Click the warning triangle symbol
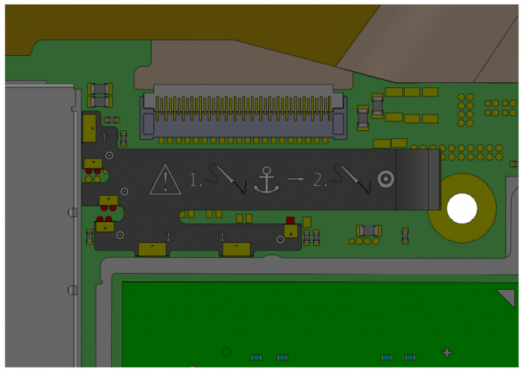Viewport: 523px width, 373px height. [165, 181]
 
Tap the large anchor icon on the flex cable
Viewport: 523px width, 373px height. [266, 181]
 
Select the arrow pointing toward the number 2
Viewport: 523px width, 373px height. [296, 179]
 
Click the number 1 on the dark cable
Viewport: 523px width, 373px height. [195, 180]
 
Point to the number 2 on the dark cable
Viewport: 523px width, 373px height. [319, 180]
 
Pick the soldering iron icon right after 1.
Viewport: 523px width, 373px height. [227, 179]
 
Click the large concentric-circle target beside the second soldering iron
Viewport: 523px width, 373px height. [386, 179]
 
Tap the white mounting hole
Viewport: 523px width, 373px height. [462, 208]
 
